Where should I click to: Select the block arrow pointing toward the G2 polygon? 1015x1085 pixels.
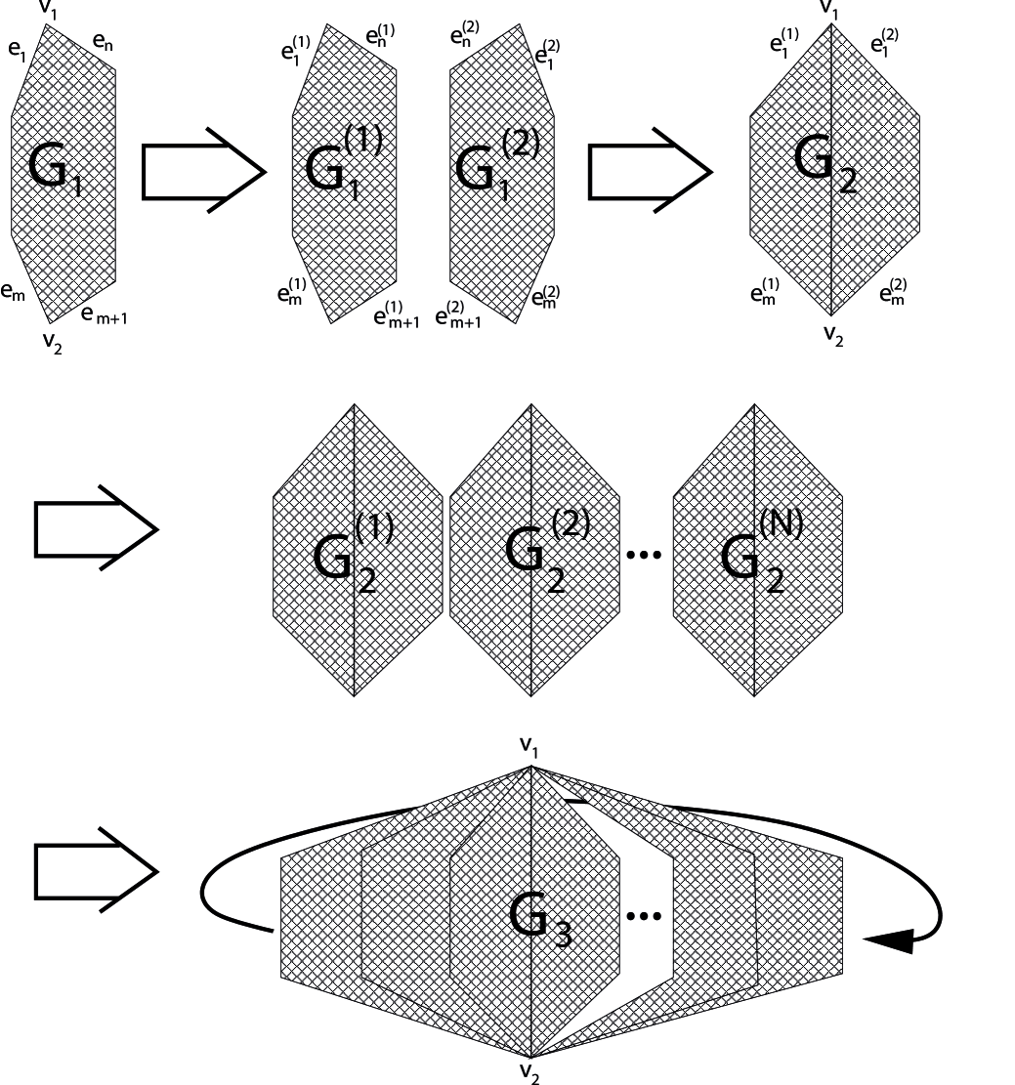650,173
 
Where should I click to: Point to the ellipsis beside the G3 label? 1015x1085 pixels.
642,916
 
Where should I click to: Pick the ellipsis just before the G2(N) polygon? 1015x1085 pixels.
642,555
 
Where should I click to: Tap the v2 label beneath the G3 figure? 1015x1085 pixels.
529,1072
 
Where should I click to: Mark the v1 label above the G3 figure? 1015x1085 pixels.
529,746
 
